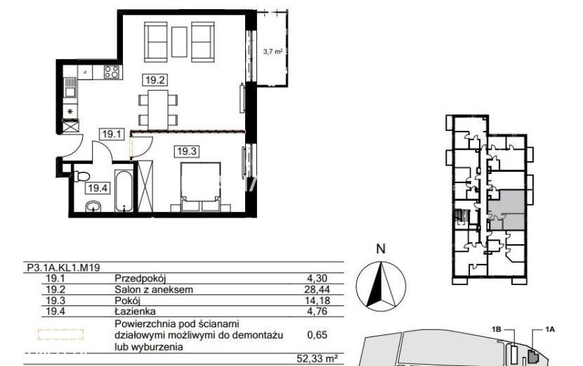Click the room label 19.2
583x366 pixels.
(155, 80)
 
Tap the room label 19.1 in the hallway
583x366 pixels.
(112, 134)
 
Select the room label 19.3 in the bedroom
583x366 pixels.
(187, 151)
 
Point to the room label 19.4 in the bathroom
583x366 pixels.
(98, 188)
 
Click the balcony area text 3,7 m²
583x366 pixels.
(273, 51)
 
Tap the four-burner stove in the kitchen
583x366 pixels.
(112, 72)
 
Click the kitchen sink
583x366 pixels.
(70, 87)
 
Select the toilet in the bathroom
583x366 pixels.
(81, 176)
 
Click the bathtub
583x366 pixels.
(124, 191)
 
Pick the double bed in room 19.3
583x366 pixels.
(200, 187)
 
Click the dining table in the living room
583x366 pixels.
(158, 110)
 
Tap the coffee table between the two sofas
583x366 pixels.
(179, 42)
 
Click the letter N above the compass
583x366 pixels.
(381, 249)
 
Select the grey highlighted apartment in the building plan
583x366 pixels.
(506, 210)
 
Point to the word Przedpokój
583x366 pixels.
(140, 279)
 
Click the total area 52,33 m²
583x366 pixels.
(317, 359)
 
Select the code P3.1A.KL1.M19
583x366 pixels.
(63, 267)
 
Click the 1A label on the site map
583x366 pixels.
(550, 329)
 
